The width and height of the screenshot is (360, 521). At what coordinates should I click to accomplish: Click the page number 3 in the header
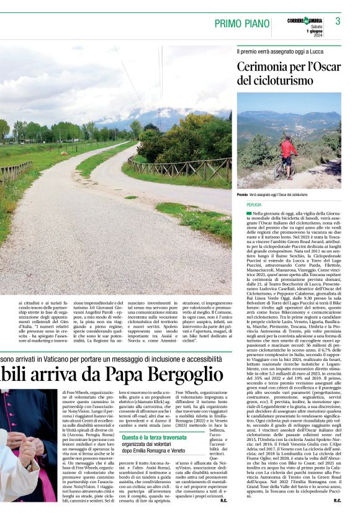(x=338, y=22)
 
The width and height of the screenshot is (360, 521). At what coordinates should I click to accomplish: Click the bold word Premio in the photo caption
(x=242, y=195)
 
